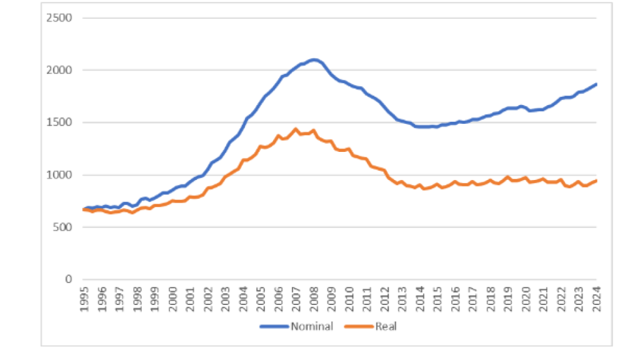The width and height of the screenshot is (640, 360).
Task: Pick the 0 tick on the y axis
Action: [x=69, y=279]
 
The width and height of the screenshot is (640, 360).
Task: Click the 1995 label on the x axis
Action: [x=84, y=297]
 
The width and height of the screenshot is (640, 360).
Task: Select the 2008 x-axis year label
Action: [x=313, y=297]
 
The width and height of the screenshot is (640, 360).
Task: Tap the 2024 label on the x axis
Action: [x=596, y=297]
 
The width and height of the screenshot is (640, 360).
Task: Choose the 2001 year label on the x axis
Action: [x=189, y=297]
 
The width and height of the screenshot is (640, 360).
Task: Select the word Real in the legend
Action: [x=386, y=326]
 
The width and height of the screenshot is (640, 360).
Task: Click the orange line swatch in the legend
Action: [x=362, y=326]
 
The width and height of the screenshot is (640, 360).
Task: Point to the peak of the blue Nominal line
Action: [x=314, y=59]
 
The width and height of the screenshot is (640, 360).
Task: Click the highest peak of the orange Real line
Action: [x=295, y=129]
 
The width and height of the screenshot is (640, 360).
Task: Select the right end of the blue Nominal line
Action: [x=596, y=84]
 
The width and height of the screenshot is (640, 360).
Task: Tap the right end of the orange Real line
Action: [x=596, y=181]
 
